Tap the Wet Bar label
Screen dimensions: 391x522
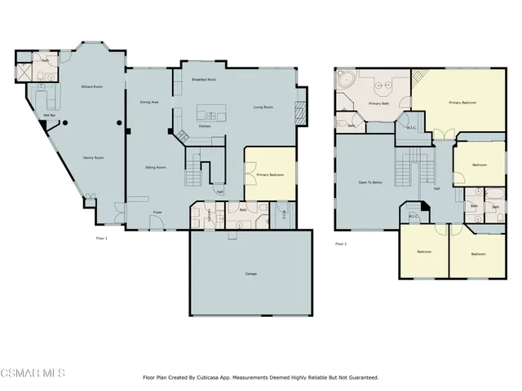coord(50,116)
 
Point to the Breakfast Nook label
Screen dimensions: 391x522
coord(203,79)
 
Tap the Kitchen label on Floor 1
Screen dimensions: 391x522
coord(206,126)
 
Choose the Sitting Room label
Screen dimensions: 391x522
coord(156,167)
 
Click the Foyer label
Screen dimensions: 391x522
coord(157,213)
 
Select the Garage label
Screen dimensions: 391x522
coord(250,274)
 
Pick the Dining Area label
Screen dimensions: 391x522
coord(149,102)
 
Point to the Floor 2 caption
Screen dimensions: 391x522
coord(341,244)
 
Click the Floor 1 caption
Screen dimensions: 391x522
coord(101,238)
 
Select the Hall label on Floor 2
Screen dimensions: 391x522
coord(436,189)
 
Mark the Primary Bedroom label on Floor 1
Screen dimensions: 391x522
coord(269,174)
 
